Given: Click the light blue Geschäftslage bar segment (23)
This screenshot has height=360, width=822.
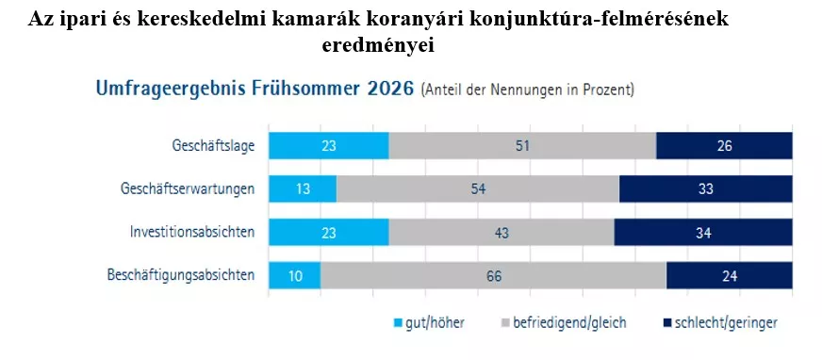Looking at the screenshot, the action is pyautogui.click(x=329, y=146).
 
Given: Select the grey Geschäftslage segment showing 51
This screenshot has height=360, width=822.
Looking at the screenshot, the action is pyautogui.click(x=522, y=146).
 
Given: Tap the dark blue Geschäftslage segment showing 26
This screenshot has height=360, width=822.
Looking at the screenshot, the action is pyautogui.click(x=725, y=146).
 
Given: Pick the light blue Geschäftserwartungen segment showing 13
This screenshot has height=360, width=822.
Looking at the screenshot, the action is pyautogui.click(x=303, y=188).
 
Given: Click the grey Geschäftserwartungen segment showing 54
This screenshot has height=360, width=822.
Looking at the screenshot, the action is pyautogui.click(x=478, y=188).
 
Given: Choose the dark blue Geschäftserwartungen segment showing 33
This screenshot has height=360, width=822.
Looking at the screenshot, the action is pyautogui.click(x=706, y=188).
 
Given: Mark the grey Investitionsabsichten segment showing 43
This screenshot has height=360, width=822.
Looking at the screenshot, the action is pyautogui.click(x=501, y=232).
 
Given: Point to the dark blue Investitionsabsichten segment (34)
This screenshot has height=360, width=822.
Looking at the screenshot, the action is pyautogui.click(x=703, y=232).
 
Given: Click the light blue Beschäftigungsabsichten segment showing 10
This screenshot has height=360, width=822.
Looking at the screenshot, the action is pyautogui.click(x=295, y=275).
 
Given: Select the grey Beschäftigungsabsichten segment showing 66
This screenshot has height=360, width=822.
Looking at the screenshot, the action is pyautogui.click(x=494, y=275).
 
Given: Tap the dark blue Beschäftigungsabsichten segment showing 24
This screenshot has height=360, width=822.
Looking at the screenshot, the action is pyautogui.click(x=730, y=275).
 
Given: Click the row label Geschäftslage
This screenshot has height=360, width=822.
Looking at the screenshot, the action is pyautogui.click(x=213, y=146).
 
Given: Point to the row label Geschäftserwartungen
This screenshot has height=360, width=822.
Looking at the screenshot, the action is pyautogui.click(x=188, y=188).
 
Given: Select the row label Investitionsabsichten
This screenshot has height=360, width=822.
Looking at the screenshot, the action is pyautogui.click(x=192, y=232).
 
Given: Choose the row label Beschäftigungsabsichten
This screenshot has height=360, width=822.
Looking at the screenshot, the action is pyautogui.click(x=181, y=275).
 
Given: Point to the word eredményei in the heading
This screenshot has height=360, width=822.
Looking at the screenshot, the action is pyautogui.click(x=378, y=45).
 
